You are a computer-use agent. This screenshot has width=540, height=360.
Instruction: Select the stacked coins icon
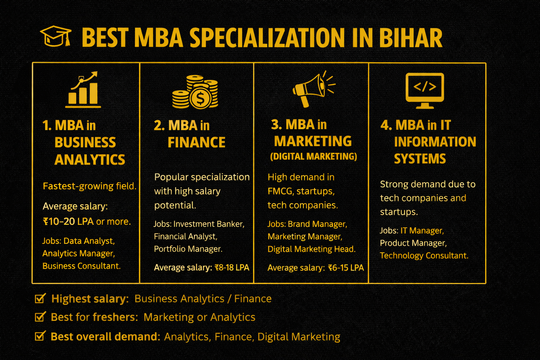tap(194, 92)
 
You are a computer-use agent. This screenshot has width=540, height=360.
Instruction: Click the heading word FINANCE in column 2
tap(196, 143)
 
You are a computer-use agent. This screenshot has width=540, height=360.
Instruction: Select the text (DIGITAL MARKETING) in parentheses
tap(313, 157)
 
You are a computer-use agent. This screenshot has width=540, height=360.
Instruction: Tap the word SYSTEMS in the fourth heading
tap(420, 158)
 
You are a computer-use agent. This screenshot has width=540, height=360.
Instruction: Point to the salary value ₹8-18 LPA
tap(231, 268)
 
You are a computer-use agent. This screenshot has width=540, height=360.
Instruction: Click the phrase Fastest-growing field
tap(89, 186)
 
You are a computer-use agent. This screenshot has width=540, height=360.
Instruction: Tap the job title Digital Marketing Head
tap(311, 249)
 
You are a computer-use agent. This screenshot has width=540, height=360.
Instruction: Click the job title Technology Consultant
tap(424, 256)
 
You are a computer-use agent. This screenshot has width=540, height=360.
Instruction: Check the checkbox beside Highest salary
tap(40, 298)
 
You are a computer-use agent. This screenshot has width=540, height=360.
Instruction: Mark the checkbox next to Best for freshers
tap(40, 317)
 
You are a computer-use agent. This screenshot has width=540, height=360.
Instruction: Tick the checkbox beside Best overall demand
tap(40, 336)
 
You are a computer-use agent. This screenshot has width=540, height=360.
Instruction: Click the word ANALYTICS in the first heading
tap(90, 159)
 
